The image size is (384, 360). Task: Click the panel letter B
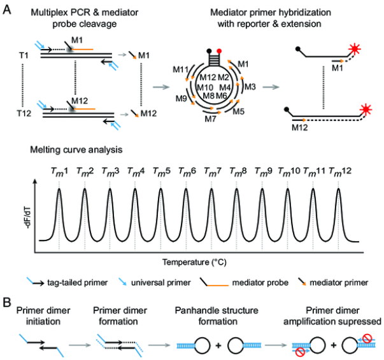pos(8,298)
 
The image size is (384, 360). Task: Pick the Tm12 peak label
pos(339,170)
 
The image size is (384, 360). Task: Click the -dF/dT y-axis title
pos(25,212)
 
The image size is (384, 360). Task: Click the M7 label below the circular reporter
pos(211,118)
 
